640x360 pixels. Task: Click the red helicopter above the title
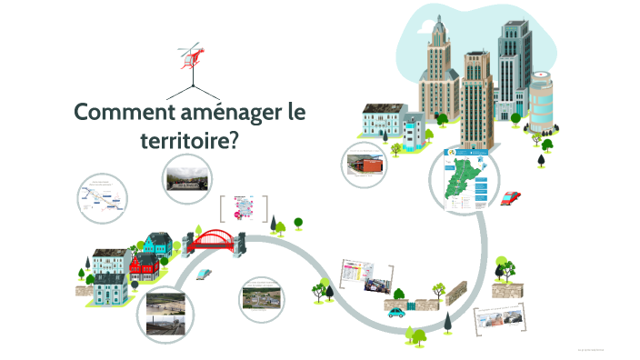pyautogui.click(x=192, y=55)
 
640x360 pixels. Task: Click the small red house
pyautogui.click(x=144, y=266)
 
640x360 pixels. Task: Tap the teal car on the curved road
pyautogui.click(x=396, y=312)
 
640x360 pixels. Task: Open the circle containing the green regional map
pyautogui.click(x=465, y=180)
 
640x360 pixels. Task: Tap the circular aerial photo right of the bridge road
pyautogui.click(x=263, y=297)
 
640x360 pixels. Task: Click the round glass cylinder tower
pyautogui.click(x=541, y=105)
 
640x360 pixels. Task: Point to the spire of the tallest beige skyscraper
pyautogui.click(x=436, y=24)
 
